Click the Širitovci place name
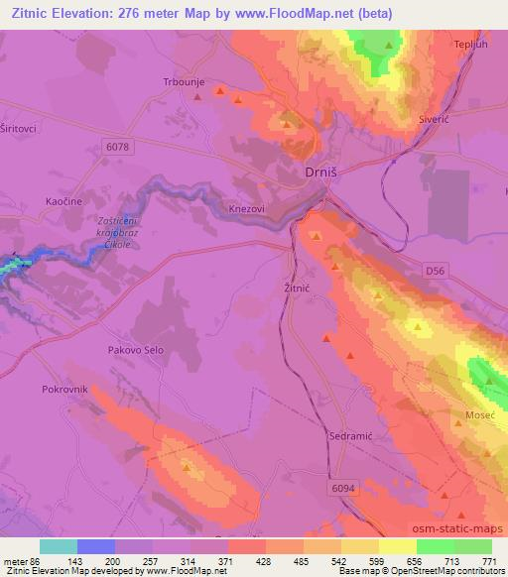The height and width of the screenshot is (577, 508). click(x=17, y=129)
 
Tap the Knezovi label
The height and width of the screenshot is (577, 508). click(x=245, y=209)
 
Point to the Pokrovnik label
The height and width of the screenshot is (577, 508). click(x=64, y=390)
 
